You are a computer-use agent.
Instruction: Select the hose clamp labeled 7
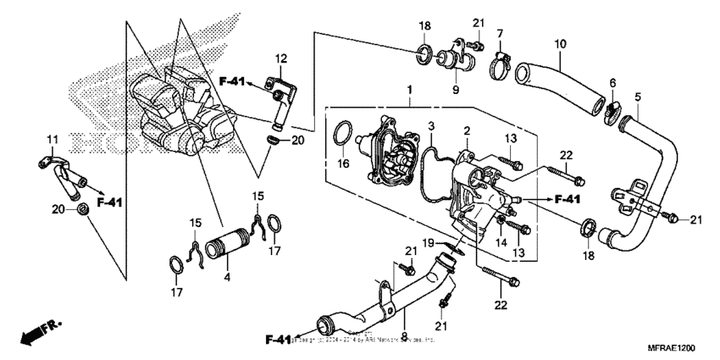(x=500, y=61)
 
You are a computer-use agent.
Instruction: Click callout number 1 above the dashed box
(x=409, y=88)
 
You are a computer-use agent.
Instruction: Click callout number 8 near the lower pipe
(x=403, y=311)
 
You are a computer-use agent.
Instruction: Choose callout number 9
(x=456, y=88)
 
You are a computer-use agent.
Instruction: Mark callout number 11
(x=51, y=138)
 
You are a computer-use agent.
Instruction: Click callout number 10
(x=559, y=43)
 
